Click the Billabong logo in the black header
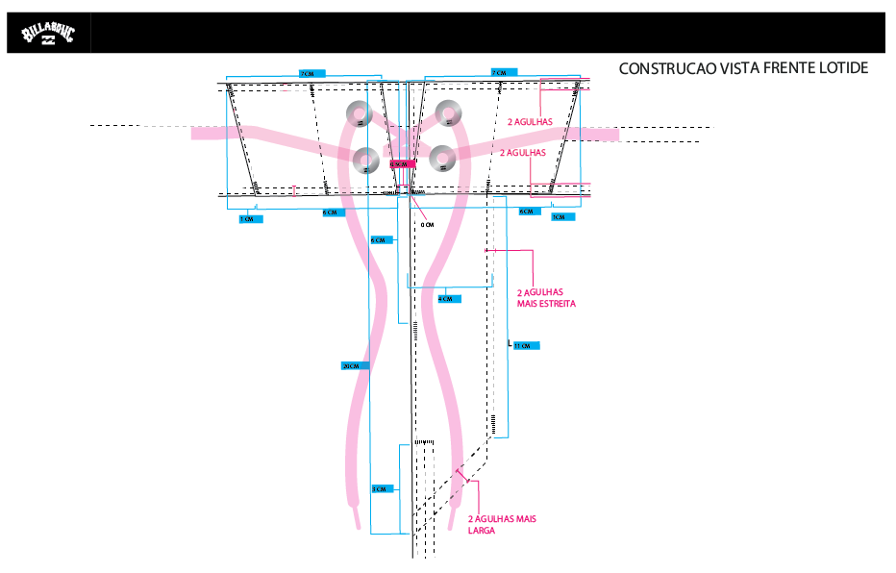(47, 36)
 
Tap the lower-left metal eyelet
(364, 160)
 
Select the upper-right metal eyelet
(448, 113)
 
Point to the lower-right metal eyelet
(442, 158)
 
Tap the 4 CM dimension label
(448, 299)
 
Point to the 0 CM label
(429, 224)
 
